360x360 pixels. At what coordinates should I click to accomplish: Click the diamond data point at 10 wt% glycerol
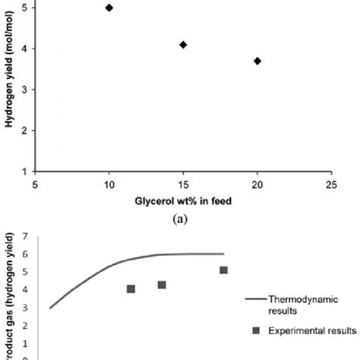tap(109, 8)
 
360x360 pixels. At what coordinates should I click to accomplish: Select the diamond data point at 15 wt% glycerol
tap(183, 45)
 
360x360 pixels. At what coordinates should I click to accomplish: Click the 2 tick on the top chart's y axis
tap(26, 131)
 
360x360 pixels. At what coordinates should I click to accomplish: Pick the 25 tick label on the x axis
tap(330, 185)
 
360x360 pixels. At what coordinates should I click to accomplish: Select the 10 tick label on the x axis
tap(109, 185)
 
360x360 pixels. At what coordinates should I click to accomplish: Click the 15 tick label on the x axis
tap(183, 185)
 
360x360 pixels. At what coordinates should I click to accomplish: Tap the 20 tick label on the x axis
tap(257, 185)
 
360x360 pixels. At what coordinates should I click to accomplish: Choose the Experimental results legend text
tap(314, 330)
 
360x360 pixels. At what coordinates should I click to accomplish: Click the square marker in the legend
tap(255, 330)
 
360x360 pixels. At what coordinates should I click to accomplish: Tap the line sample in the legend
tap(255, 300)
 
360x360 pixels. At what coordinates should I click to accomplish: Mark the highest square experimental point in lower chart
tap(223, 270)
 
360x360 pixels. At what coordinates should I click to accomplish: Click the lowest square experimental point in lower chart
tap(131, 289)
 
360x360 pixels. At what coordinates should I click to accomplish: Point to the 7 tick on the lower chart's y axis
tap(26, 237)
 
